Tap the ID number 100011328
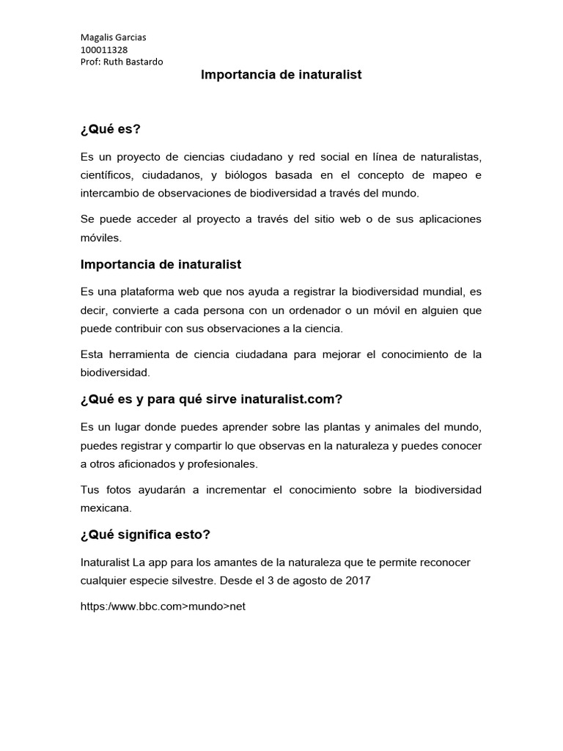coord(103,50)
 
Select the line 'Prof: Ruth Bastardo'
coord(122,62)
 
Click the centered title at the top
coord(281,75)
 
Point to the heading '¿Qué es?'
coord(110,130)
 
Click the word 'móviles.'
coord(102,238)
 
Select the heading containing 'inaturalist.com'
coord(212,399)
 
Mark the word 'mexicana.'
coord(106,508)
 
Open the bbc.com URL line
coord(162,608)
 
